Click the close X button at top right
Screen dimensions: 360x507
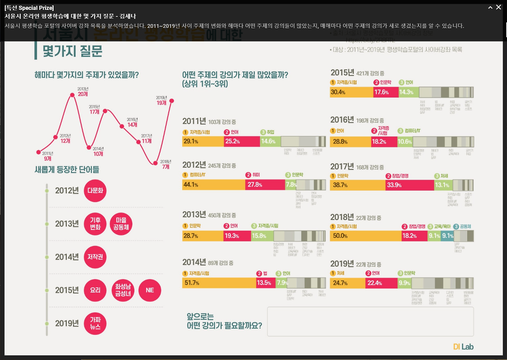(499, 8)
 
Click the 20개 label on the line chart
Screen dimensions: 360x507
(83, 94)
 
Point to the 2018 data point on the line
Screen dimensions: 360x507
(155, 163)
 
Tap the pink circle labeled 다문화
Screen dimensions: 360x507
(95, 190)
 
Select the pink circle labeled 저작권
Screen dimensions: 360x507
(95, 257)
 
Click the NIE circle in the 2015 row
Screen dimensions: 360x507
(150, 290)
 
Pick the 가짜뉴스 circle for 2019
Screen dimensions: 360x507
(95, 324)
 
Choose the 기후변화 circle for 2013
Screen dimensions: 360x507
(95, 224)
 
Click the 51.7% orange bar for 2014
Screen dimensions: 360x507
(219, 283)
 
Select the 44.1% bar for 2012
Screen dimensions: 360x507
(213, 185)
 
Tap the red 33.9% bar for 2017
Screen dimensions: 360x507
(410, 185)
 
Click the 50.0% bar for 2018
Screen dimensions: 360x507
(365, 236)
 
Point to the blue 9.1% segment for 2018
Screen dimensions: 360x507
(448, 236)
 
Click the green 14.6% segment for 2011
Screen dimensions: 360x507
(270, 141)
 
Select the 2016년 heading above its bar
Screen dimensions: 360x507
(342, 120)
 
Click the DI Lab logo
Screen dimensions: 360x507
(463, 347)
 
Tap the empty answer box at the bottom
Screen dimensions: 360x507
(370, 322)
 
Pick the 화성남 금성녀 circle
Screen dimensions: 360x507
(123, 290)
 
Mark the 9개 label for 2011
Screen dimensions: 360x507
(48, 158)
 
